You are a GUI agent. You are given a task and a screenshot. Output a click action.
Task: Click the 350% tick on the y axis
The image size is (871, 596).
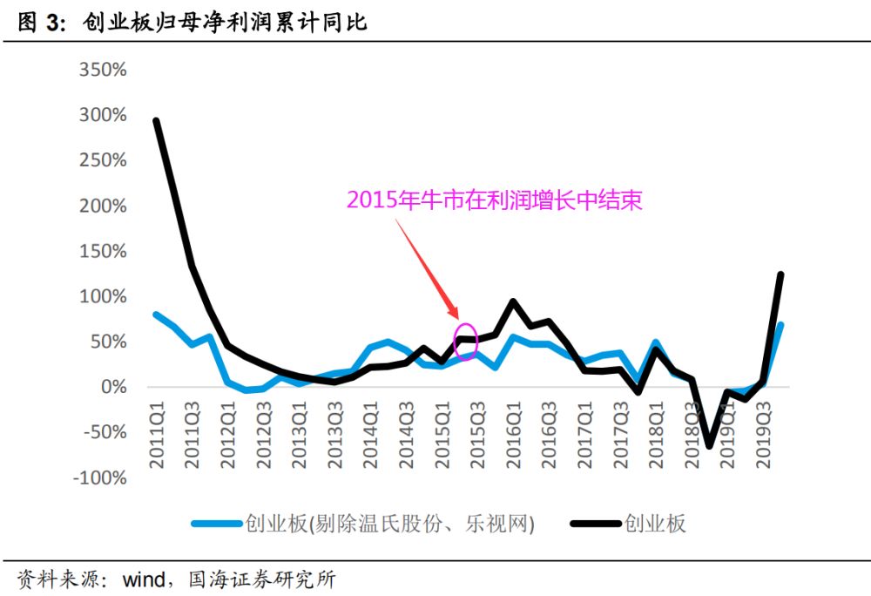[103, 71]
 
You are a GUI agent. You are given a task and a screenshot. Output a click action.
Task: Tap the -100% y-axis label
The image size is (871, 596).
[98, 478]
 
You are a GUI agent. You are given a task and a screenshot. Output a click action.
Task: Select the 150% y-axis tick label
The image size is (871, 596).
[103, 252]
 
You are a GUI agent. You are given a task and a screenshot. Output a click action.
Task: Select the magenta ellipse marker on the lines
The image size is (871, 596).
[466, 339]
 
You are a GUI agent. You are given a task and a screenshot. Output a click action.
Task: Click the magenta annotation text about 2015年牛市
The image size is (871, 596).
[494, 200]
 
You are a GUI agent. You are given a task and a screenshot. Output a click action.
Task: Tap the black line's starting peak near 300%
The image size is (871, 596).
[156, 121]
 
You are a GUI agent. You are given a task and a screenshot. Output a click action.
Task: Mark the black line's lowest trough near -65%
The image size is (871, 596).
[709, 445]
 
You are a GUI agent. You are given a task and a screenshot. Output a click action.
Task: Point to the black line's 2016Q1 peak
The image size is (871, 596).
[513, 302]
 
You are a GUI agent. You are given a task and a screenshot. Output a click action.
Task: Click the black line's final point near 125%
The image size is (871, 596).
[780, 274]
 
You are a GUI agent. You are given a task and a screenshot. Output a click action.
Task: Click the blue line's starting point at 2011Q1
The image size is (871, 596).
[156, 314]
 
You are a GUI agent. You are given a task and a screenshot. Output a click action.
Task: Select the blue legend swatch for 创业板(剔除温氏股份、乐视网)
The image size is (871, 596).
[216, 524]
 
